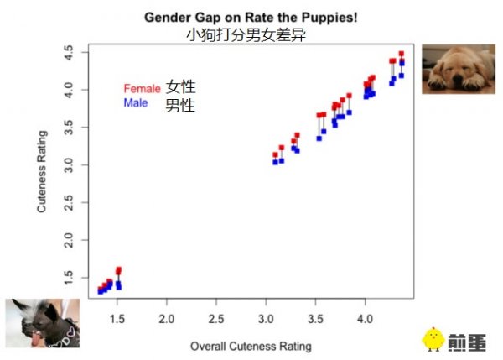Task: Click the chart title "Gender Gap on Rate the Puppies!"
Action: [251, 17]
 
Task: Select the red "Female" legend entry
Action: [141, 88]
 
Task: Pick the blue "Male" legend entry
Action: [136, 103]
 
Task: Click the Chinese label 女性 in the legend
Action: [180, 86]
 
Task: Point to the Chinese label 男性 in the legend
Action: [180, 105]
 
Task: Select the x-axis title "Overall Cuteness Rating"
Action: [251, 346]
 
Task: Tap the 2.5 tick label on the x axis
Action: [216, 320]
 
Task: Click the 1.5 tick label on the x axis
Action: [117, 320]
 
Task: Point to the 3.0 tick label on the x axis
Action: [266, 320]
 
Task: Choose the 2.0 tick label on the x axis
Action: [167, 320]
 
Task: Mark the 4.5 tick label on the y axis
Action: [70, 52]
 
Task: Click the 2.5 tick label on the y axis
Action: [70, 202]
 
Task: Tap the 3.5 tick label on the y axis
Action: [70, 127]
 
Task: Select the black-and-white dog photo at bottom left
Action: [42, 323]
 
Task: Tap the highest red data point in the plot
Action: [402, 54]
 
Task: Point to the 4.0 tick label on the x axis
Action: [365, 320]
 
